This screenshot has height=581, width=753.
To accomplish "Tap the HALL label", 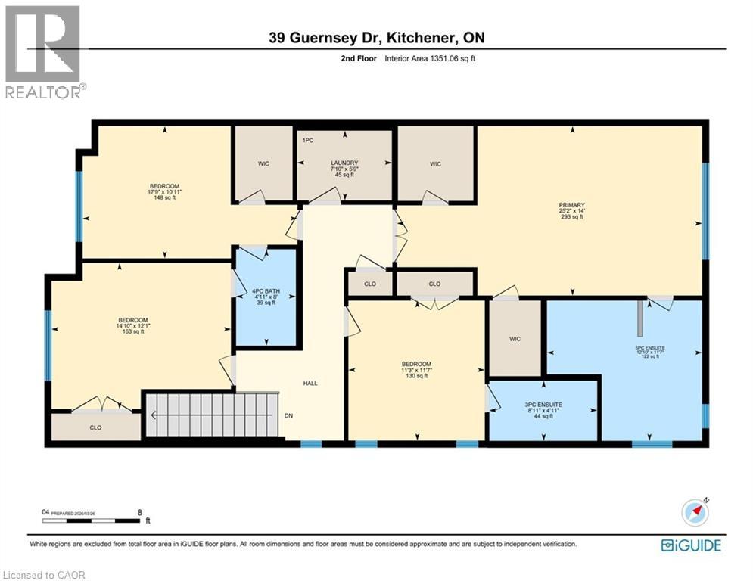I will pyautogui.click(x=310, y=384).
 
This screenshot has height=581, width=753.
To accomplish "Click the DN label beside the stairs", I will pyautogui.click(x=289, y=415).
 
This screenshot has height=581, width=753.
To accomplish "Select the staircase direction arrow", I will pyautogui.click(x=154, y=415).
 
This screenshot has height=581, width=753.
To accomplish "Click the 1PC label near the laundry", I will pyautogui.click(x=307, y=141).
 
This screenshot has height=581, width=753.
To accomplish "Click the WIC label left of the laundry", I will pyautogui.click(x=263, y=163).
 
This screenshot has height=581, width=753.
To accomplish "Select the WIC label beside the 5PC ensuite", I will pyautogui.click(x=515, y=339).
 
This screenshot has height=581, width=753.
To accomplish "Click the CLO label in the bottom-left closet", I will pyautogui.click(x=95, y=427).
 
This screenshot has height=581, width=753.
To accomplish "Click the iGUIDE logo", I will pyautogui.click(x=690, y=545).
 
